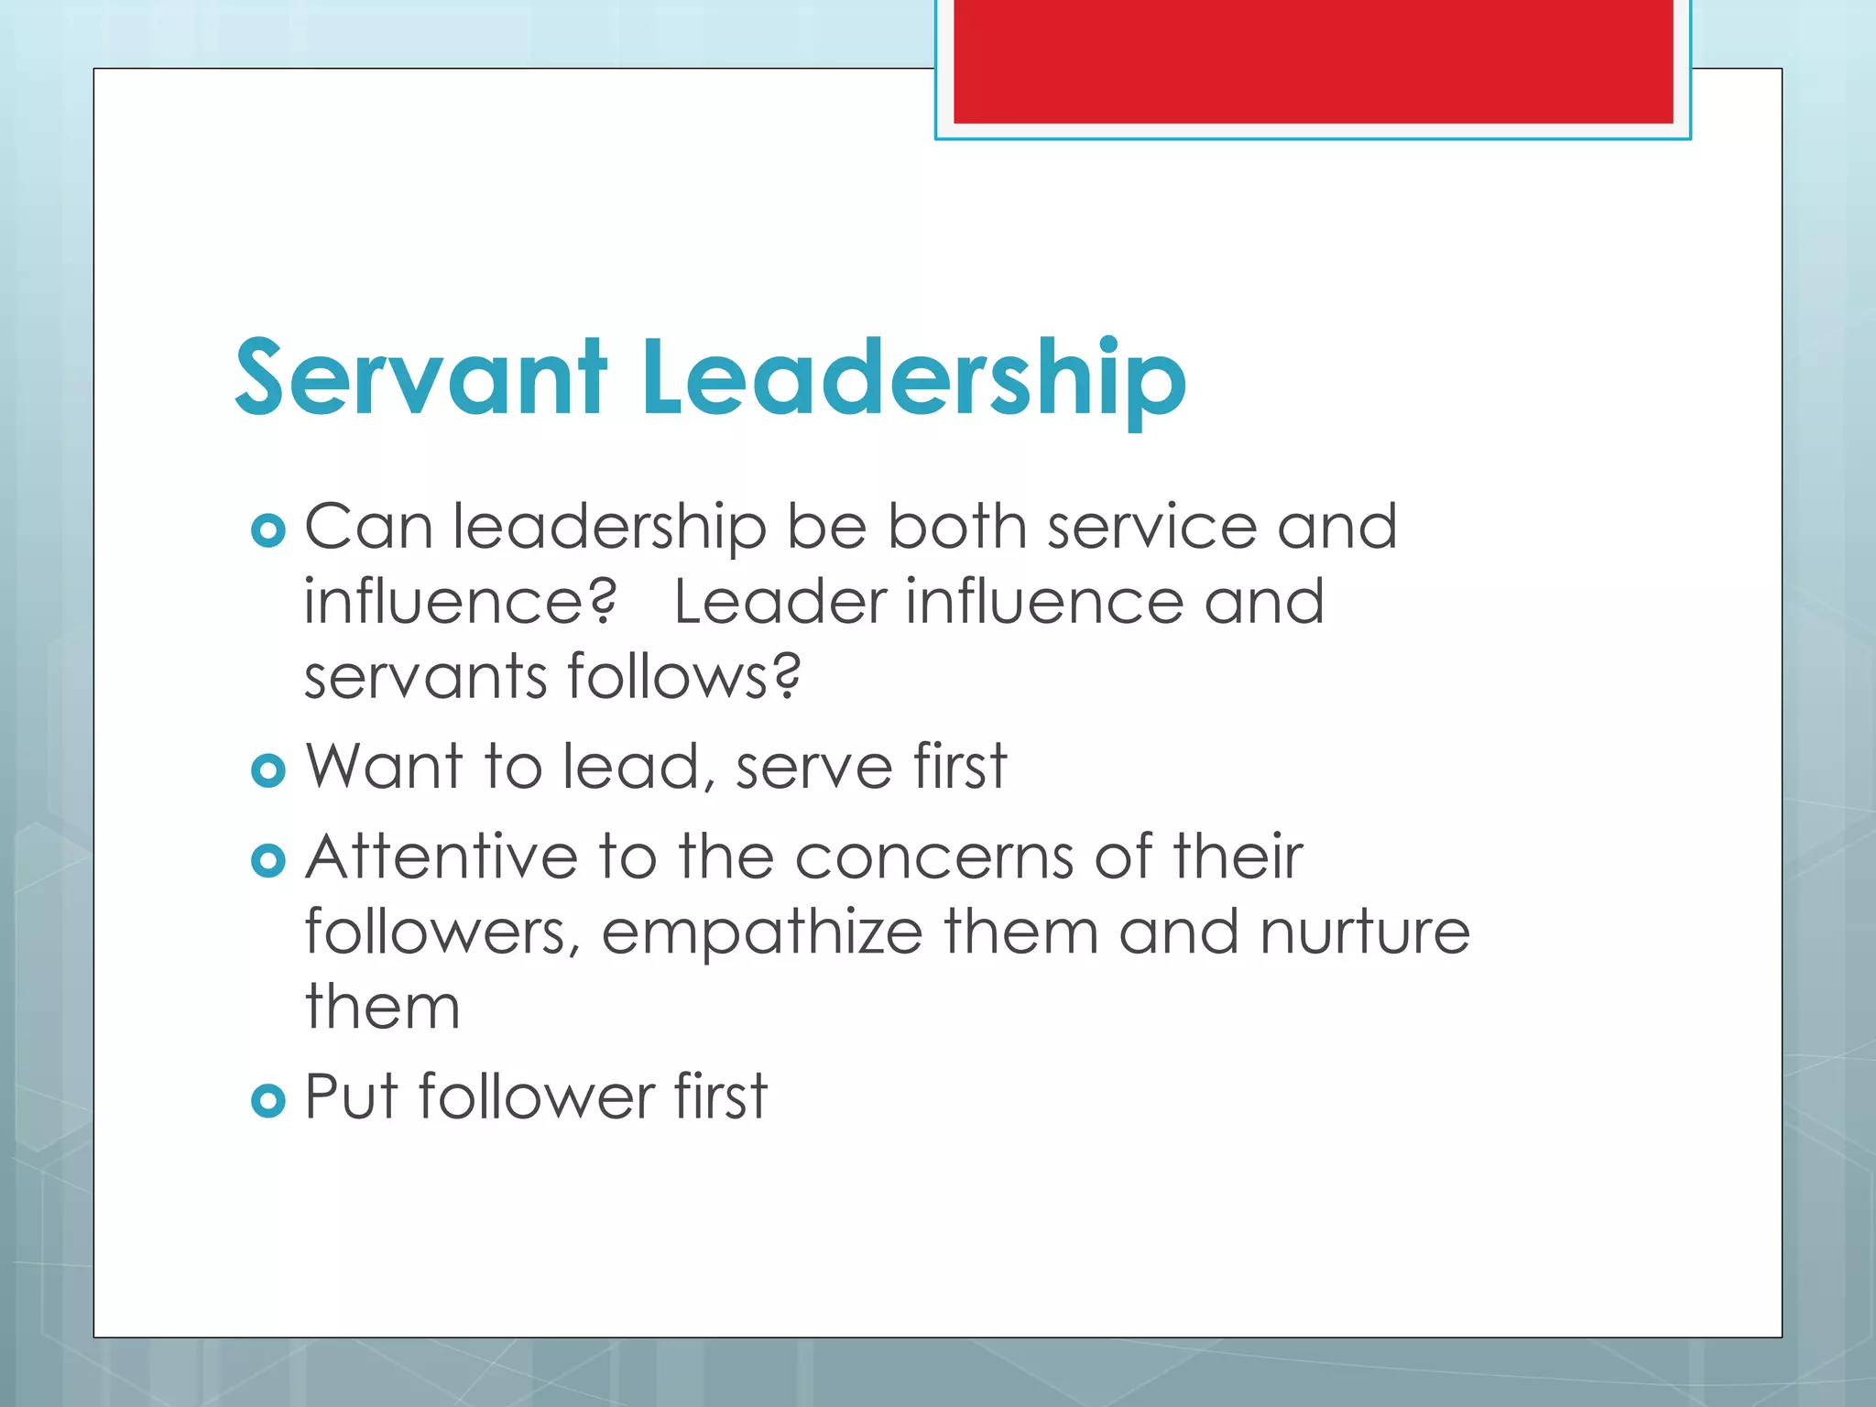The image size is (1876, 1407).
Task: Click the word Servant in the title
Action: coord(420,378)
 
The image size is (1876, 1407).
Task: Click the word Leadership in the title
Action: coord(913,378)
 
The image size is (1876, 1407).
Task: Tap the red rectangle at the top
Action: coord(1313,60)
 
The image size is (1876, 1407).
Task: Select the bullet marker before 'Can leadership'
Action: coord(267,530)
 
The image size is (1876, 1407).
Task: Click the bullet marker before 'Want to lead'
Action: coord(267,770)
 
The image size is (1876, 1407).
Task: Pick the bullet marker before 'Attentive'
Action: coord(267,860)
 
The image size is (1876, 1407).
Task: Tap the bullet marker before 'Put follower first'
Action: coord(267,1099)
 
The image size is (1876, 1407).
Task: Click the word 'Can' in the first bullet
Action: coord(368,528)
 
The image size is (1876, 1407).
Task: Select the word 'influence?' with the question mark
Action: coord(461,602)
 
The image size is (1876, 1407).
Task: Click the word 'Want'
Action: coord(383,766)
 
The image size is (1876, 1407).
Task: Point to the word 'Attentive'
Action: coord(442,857)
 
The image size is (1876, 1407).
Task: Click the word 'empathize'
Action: coord(761,933)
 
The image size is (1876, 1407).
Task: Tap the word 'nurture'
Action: coord(1365,933)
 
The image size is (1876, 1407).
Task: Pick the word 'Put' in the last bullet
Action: coord(351,1096)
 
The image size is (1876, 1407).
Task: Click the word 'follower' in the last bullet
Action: coord(537,1096)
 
